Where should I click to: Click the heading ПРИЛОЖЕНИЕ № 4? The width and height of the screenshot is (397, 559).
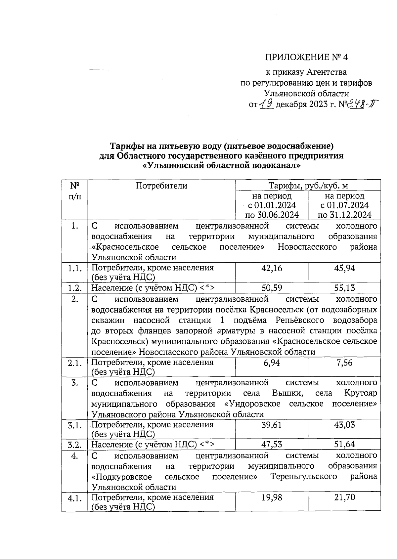[306, 58]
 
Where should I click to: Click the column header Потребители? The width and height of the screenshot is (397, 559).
[161, 186]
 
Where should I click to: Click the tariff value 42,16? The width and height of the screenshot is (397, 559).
[272, 268]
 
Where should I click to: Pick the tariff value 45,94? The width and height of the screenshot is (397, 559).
[344, 268]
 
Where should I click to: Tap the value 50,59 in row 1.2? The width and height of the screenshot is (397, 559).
[272, 288]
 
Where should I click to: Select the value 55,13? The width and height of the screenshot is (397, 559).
[344, 288]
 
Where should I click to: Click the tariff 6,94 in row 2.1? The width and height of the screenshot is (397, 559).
[272, 363]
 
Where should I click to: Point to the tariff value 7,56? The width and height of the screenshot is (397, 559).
[344, 363]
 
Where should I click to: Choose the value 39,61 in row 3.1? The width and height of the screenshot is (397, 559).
[272, 425]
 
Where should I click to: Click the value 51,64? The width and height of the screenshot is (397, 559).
[344, 445]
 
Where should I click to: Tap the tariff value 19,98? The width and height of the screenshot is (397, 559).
[272, 497]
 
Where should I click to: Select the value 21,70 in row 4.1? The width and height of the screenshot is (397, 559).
[344, 497]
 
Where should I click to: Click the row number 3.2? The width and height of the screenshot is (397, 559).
[75, 445]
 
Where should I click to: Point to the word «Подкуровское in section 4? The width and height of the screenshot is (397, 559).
[121, 477]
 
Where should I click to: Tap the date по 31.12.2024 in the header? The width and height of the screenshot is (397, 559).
[344, 215]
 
